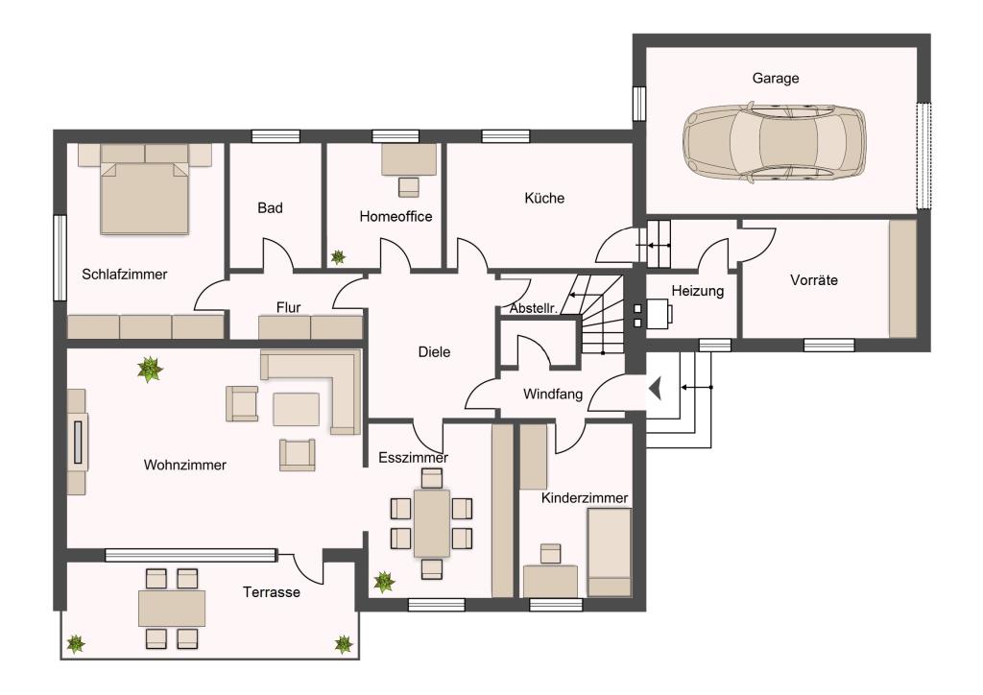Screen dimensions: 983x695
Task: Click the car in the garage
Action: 774,144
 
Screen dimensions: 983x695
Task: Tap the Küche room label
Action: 544,198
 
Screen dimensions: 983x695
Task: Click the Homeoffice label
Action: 396,216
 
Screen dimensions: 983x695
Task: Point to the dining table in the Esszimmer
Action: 431,523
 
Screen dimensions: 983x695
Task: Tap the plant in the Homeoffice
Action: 338,256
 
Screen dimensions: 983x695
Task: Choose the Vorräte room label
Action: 814,280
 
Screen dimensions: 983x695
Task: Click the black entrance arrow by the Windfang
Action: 656,389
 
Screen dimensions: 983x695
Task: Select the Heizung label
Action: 697,291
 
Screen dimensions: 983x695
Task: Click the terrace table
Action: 172,608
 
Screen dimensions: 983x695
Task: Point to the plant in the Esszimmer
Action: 384,582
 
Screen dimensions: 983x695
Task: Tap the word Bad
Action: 270,208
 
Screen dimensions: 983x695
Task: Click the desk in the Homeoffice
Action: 409,159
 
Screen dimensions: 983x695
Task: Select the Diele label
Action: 434,352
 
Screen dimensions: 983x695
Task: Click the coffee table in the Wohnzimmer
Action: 296,409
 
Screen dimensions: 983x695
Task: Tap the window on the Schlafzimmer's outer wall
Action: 60,257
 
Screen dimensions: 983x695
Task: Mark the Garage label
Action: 776,79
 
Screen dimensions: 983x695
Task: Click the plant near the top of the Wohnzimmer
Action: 150,370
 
